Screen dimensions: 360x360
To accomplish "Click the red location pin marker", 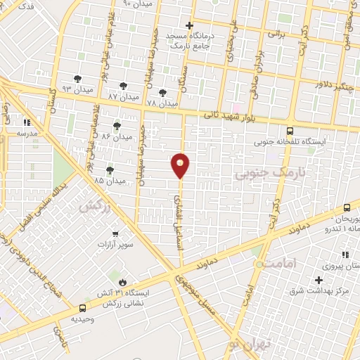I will [181, 165].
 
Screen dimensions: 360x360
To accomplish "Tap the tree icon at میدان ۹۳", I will [77, 79].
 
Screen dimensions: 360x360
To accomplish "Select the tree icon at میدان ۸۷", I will [124, 86].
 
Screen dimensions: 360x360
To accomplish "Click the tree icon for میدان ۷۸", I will [163, 93].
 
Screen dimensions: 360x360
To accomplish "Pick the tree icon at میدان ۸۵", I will [110, 170].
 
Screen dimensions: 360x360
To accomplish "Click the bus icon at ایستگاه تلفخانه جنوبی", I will [290, 131].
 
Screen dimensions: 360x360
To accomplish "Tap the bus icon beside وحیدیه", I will [83, 308].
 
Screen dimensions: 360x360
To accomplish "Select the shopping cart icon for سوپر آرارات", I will [115, 233].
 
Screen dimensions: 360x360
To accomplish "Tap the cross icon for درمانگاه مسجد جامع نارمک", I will [189, 25].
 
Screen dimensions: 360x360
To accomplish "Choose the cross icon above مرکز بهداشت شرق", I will [319, 280].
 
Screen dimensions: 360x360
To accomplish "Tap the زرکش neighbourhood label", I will [96, 206].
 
